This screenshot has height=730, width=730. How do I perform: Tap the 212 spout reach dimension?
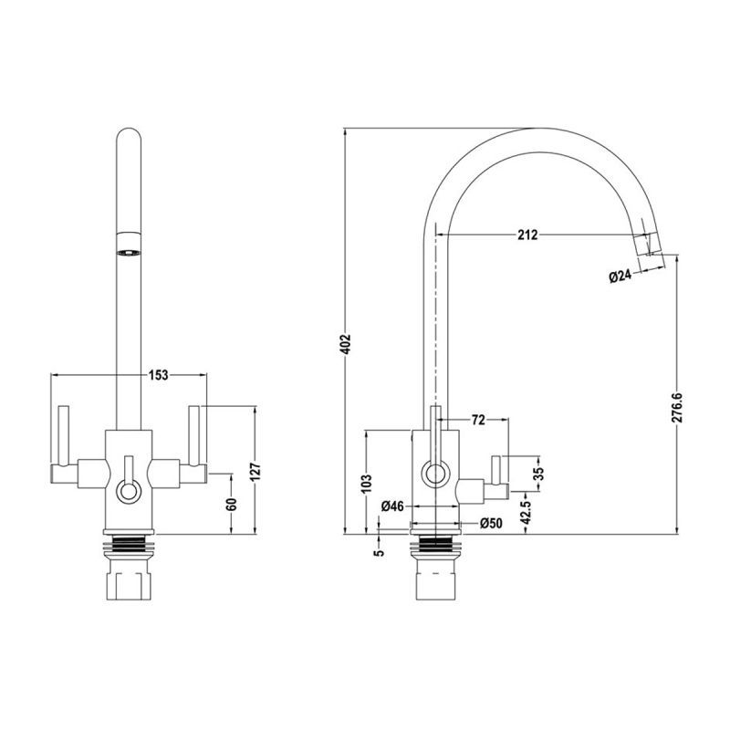coord(527,235)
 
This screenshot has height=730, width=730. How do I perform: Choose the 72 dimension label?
coord(477,420)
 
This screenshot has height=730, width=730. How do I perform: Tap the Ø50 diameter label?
coord(491,524)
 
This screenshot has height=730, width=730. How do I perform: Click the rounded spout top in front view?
coord(129,146)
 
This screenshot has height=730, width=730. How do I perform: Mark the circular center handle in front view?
coord(129,492)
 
